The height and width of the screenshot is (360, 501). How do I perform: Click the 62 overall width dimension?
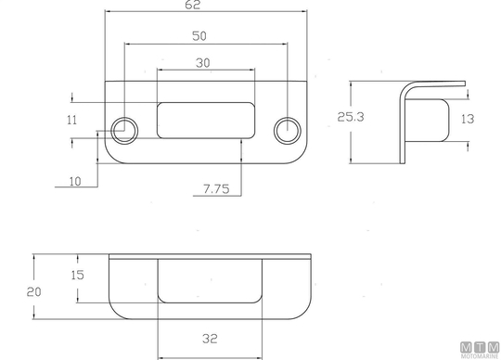(192, 5)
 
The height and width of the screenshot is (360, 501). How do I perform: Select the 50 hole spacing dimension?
(199, 36)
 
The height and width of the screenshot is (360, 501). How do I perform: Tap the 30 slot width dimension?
(203, 63)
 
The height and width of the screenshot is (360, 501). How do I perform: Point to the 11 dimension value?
(71, 120)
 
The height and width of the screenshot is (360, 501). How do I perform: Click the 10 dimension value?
(75, 182)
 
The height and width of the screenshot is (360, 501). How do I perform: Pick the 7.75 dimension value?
(216, 189)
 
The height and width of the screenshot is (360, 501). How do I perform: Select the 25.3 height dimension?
(351, 117)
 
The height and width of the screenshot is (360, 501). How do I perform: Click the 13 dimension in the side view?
(468, 119)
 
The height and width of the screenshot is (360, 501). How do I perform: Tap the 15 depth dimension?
(77, 275)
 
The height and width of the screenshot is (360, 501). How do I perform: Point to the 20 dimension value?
(34, 292)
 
